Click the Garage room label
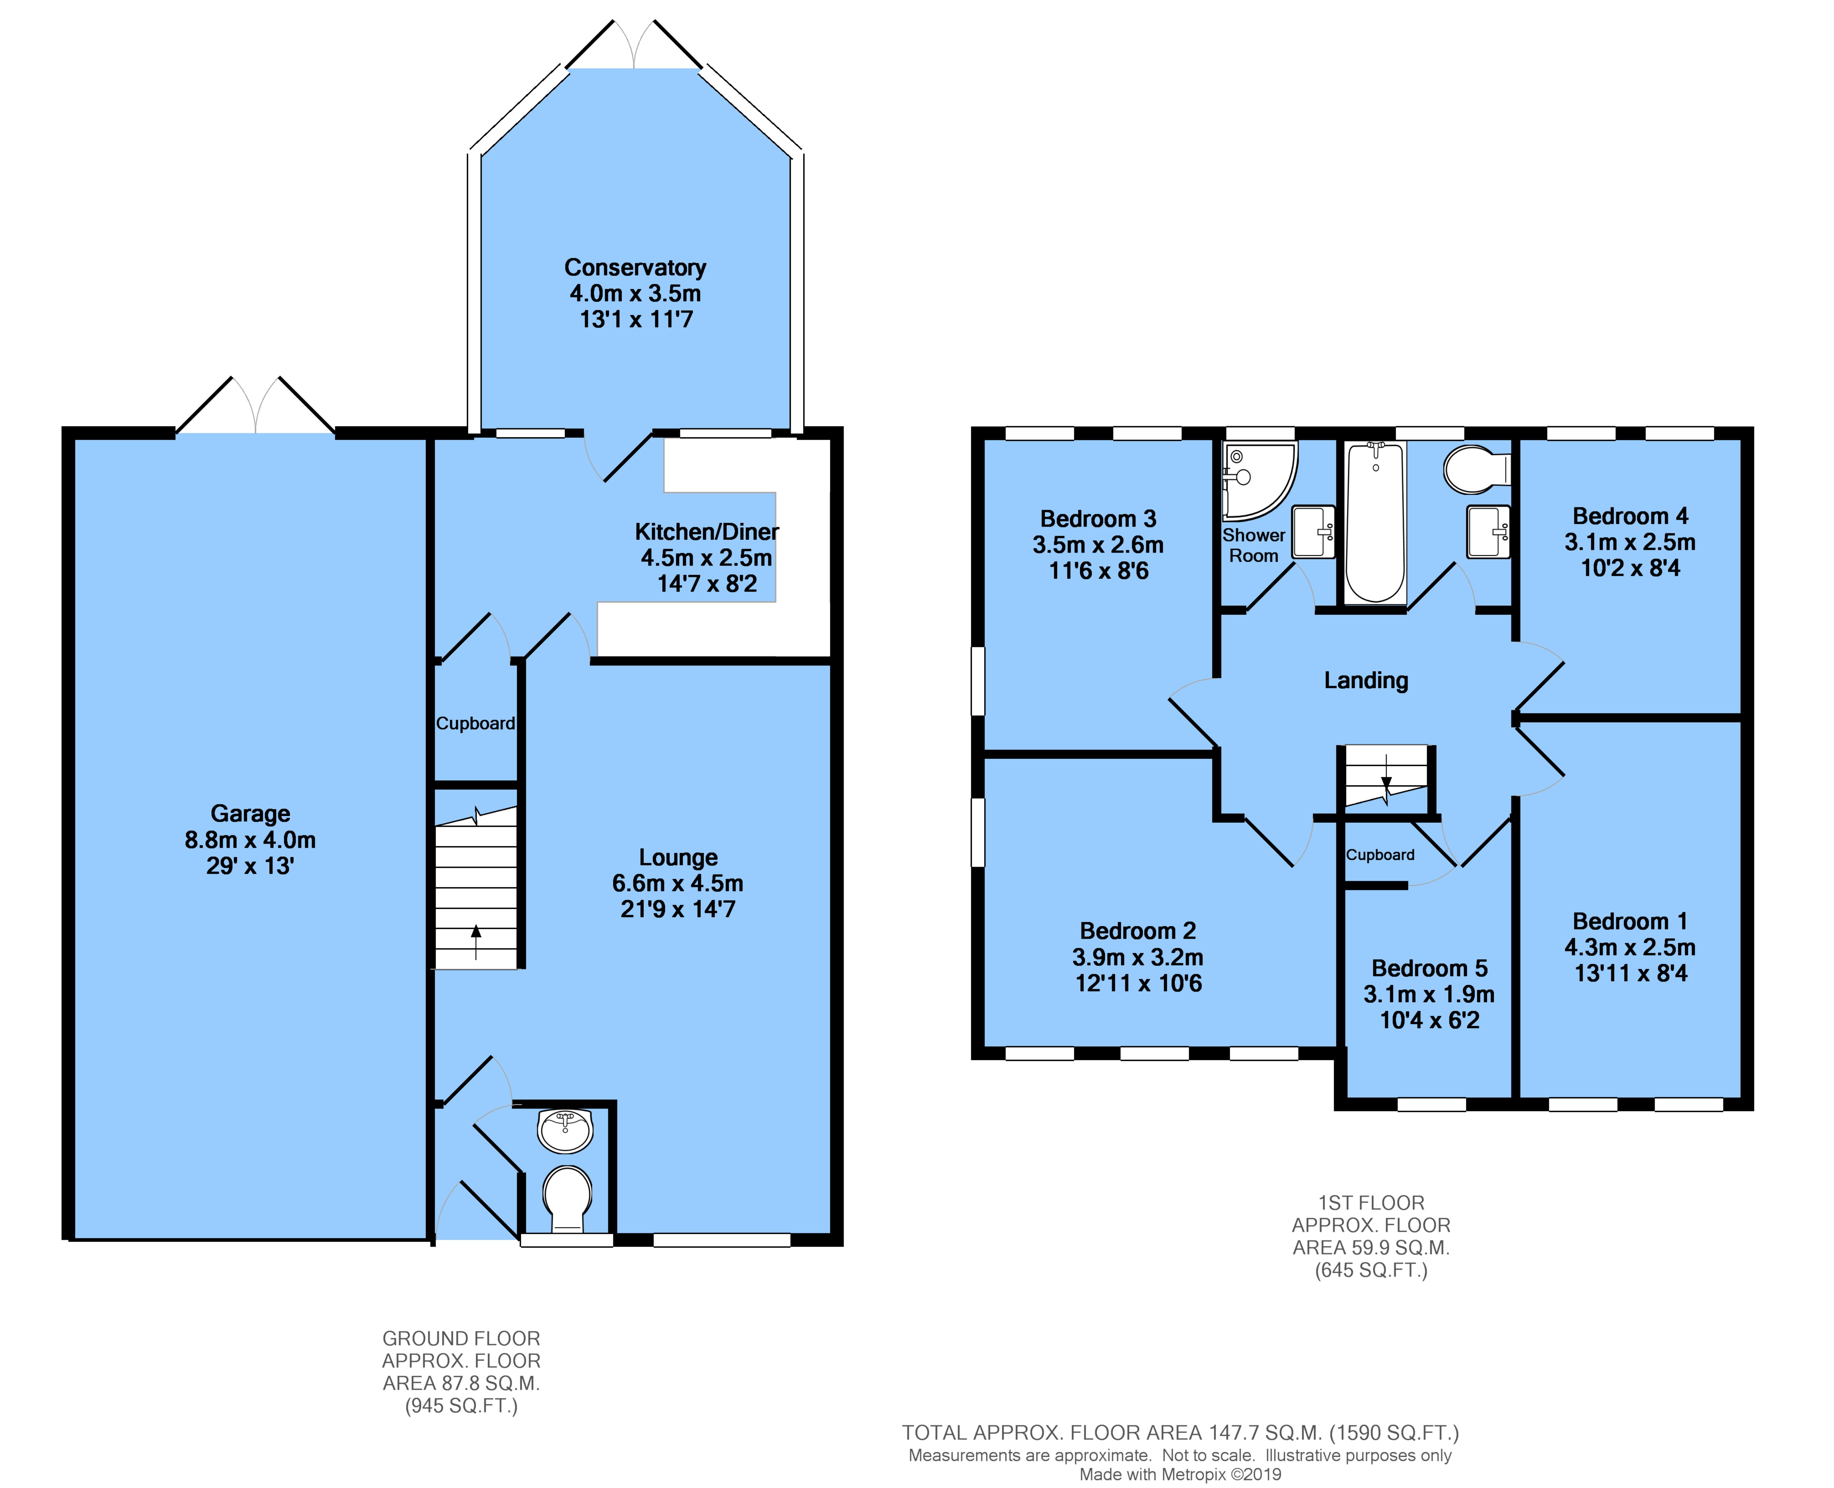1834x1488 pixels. (250, 813)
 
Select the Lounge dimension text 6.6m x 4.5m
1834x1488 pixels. (678, 883)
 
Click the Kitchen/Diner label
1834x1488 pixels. (707, 532)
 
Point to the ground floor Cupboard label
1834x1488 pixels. (476, 723)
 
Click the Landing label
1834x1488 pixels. (1366, 681)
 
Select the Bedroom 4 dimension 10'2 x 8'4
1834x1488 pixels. (1630, 568)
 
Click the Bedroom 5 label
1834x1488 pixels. (1430, 969)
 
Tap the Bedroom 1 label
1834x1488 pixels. (1630, 921)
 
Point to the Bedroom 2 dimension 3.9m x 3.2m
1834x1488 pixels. (1138, 958)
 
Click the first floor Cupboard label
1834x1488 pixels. (1380, 855)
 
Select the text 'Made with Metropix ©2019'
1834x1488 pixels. (1180, 1474)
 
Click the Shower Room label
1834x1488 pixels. (1254, 545)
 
